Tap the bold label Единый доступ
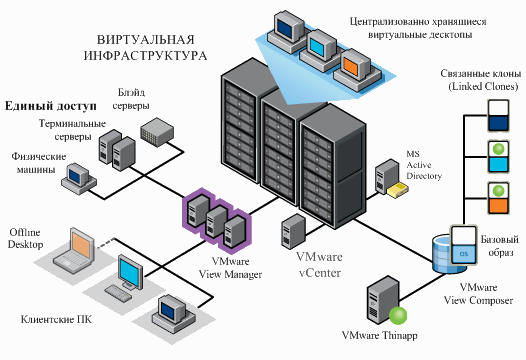pyautogui.click(x=50, y=105)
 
